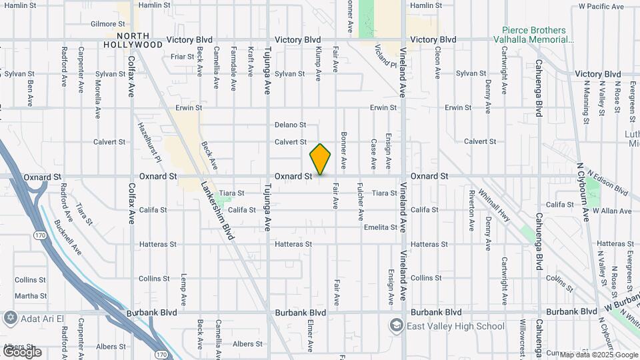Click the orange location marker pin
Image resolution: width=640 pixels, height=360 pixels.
[320, 159]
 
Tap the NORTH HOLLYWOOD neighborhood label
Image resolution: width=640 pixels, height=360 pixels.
[139, 40]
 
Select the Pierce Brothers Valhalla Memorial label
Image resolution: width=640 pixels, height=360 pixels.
[537, 35]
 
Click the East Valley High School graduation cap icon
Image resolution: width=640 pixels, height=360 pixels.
[397, 325]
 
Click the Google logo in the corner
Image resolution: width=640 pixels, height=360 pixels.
[21, 351]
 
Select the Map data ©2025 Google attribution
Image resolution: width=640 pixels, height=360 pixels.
[599, 355]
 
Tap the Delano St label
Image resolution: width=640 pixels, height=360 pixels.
[290, 125]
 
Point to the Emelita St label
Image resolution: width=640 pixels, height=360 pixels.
[381, 227]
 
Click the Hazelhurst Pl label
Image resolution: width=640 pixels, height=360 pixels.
[150, 141]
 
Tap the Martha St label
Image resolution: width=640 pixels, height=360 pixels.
[31, 296]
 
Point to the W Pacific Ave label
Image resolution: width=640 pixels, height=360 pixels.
[601, 7]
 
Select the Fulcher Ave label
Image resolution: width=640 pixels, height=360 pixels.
[361, 202]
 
